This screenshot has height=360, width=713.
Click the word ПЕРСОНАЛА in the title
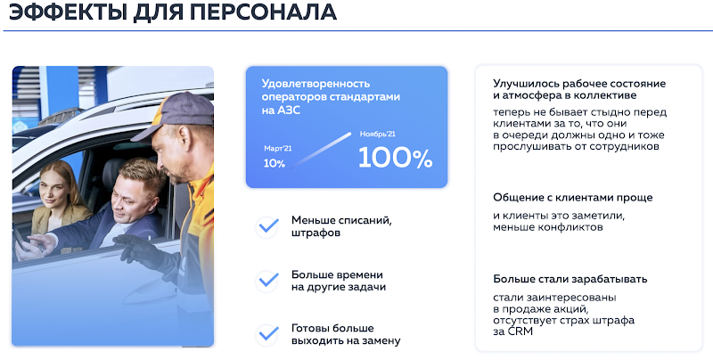(x=263, y=12)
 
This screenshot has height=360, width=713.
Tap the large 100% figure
(x=395, y=158)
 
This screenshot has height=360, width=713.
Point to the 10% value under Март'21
(x=275, y=164)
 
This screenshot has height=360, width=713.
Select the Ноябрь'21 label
(x=377, y=134)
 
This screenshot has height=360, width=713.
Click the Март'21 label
(x=278, y=149)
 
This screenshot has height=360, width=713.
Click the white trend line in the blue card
(x=321, y=150)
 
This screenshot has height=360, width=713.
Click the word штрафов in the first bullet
(x=316, y=233)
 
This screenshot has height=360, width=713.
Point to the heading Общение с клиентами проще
(x=572, y=198)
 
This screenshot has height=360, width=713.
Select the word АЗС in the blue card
(x=289, y=110)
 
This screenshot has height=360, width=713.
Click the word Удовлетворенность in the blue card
(x=316, y=84)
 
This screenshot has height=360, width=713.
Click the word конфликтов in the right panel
(x=570, y=227)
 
